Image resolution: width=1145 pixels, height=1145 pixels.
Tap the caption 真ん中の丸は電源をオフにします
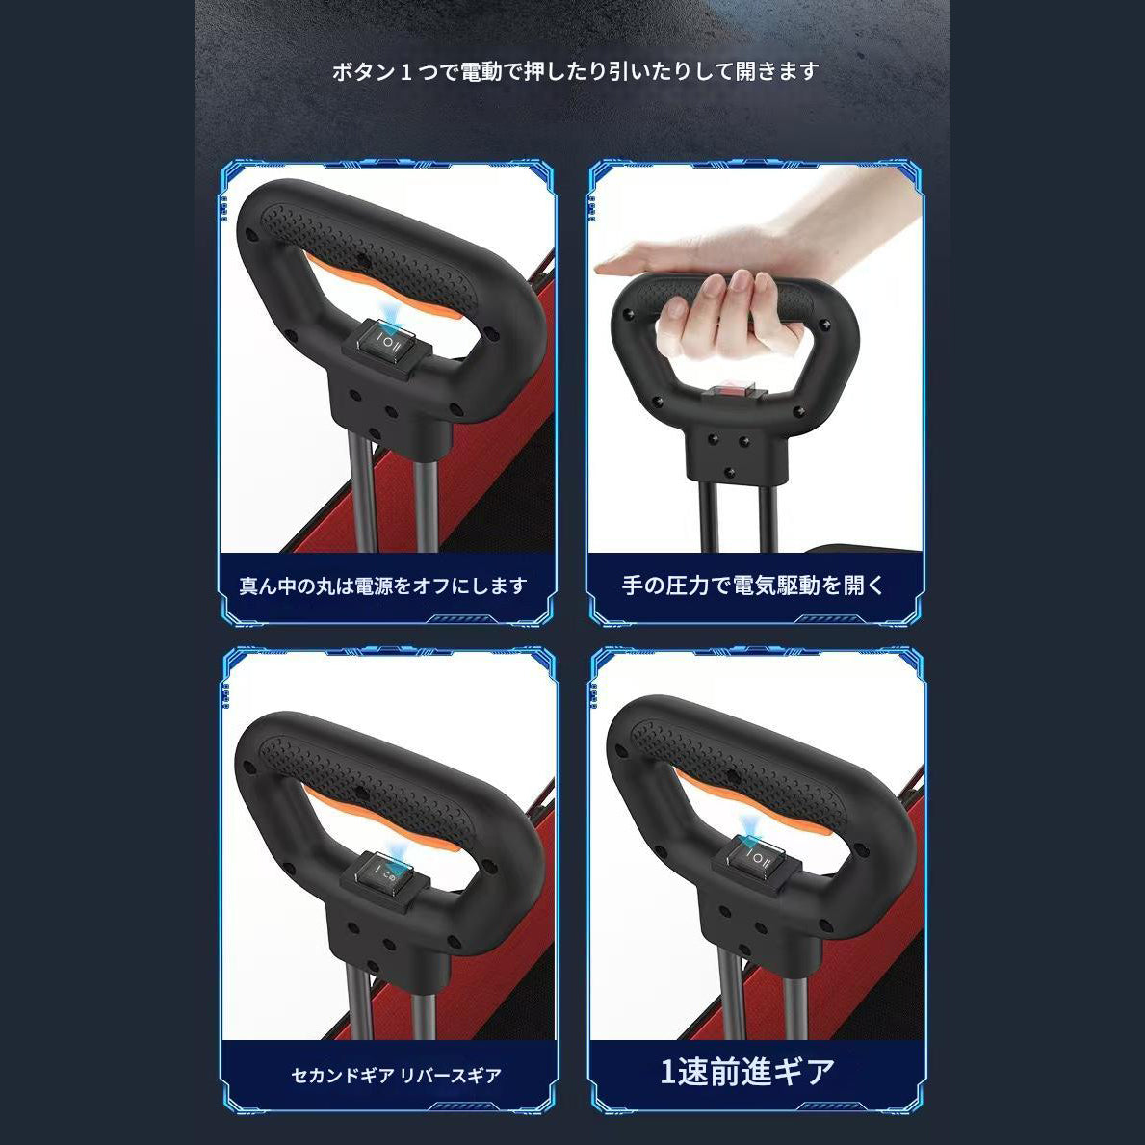(x=383, y=586)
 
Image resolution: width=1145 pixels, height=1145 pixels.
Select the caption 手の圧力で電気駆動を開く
(x=753, y=585)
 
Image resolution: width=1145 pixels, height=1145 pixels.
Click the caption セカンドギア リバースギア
(x=397, y=1075)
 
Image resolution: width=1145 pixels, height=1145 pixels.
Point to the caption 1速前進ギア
(x=747, y=1072)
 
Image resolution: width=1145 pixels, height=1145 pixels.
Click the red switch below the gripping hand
(x=732, y=393)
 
